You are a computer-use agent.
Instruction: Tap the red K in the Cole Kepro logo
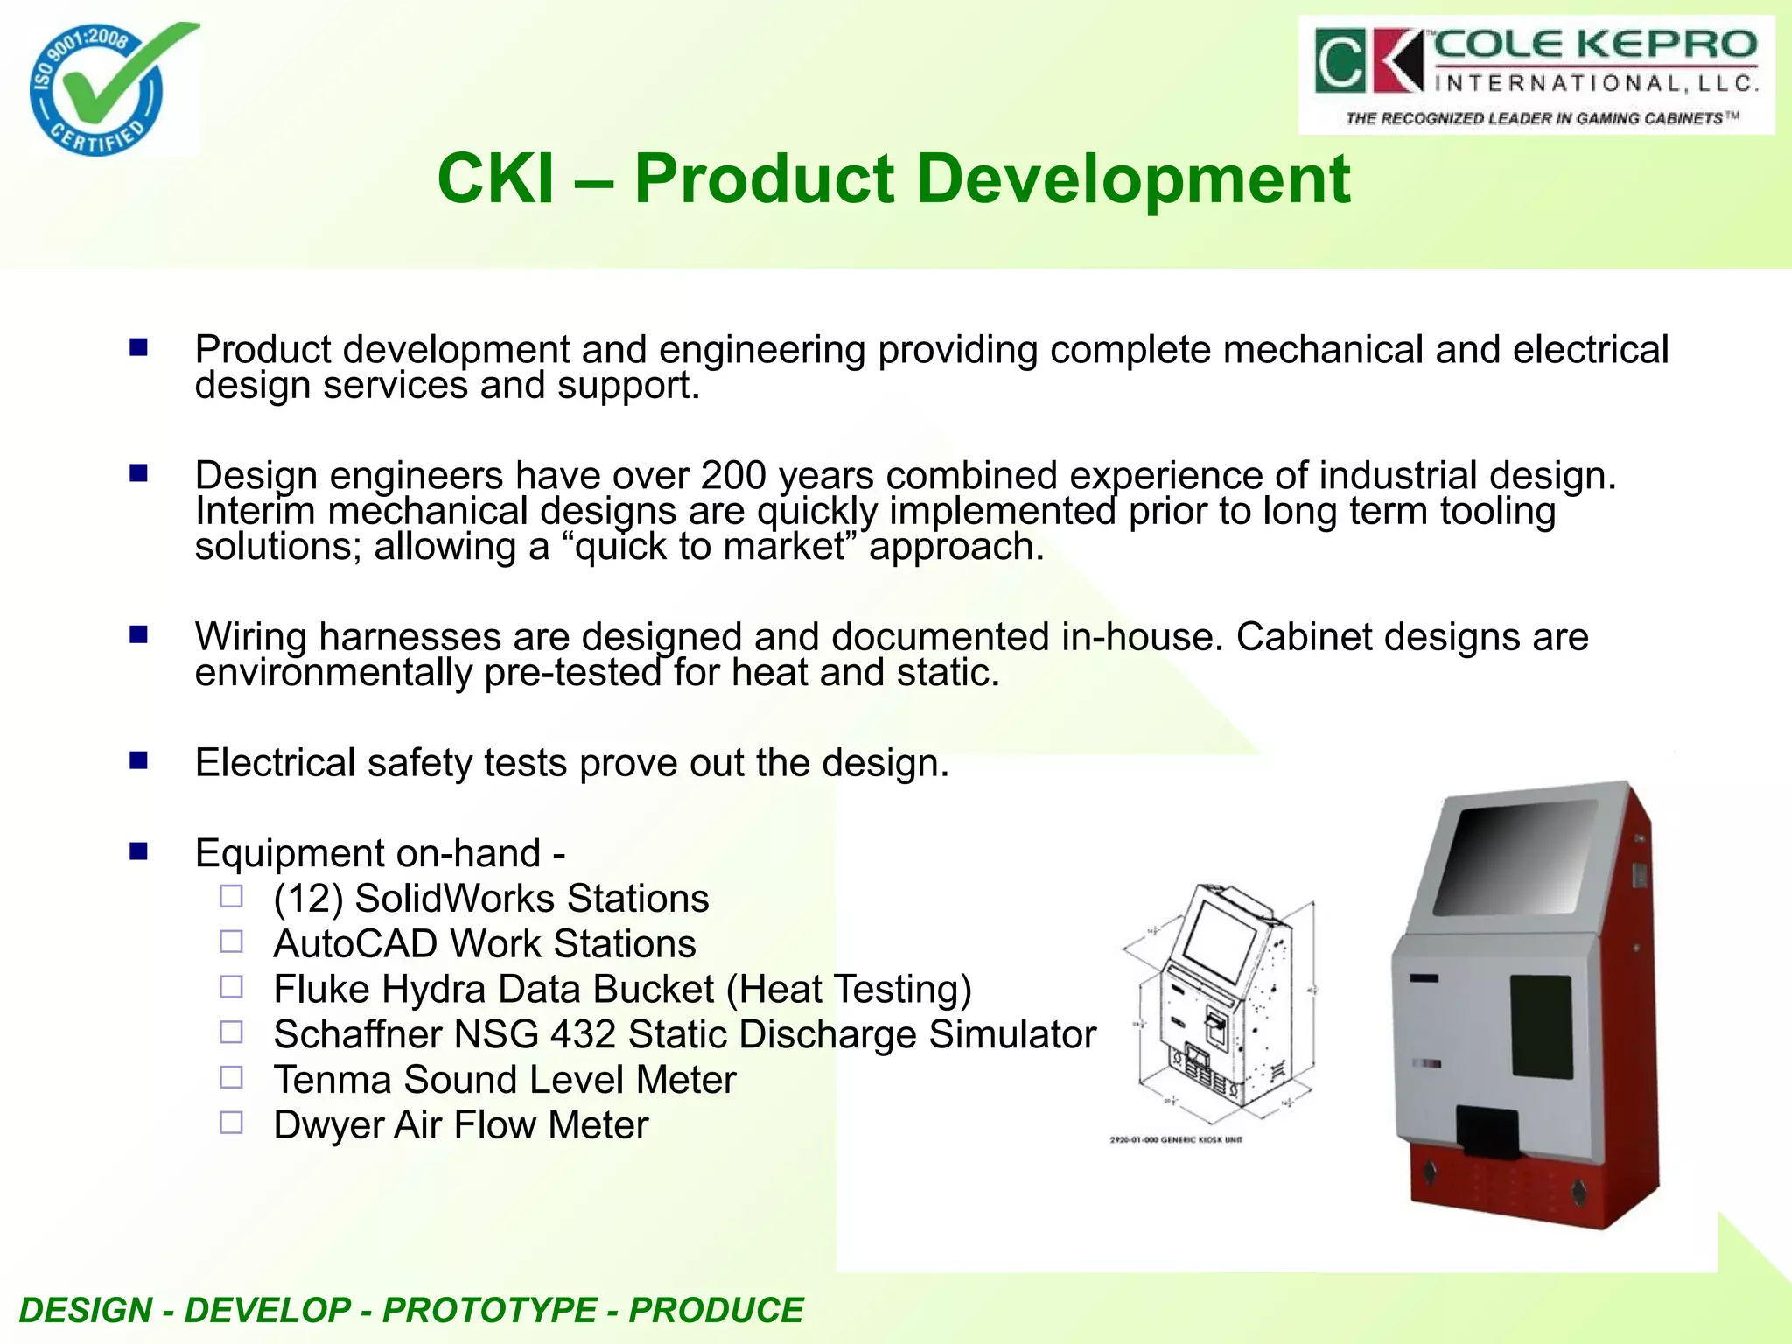(1398, 60)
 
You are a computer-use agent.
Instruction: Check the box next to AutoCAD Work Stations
(231, 941)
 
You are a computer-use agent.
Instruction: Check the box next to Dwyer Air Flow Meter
(231, 1123)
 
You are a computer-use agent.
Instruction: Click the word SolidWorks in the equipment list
(454, 899)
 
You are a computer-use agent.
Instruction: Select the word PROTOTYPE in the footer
(489, 1310)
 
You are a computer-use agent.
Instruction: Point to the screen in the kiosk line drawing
(1220, 940)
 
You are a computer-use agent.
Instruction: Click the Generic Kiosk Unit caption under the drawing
(1175, 1140)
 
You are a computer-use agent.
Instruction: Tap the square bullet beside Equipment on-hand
(138, 850)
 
